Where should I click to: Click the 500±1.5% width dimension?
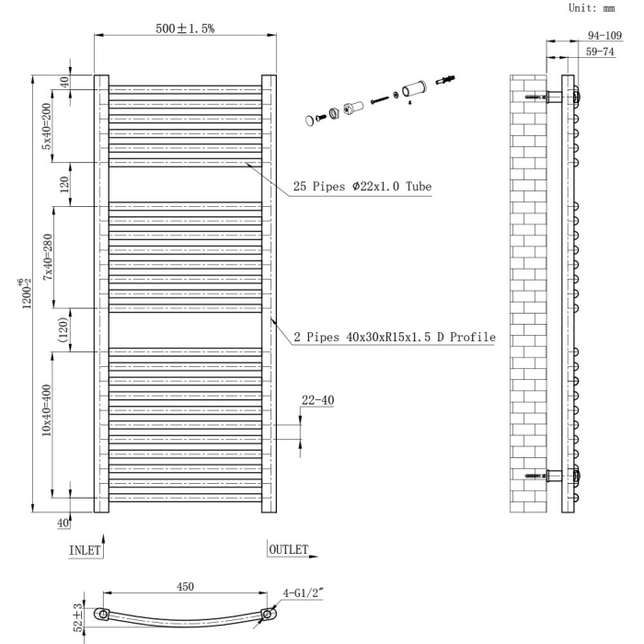pyautogui.click(x=185, y=29)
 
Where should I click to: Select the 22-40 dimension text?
pyautogui.click(x=316, y=400)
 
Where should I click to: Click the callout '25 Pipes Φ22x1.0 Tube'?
pyautogui.click(x=362, y=186)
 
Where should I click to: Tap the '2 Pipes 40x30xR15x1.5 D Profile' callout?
pyautogui.click(x=395, y=338)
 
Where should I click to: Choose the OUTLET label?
pyautogui.click(x=289, y=549)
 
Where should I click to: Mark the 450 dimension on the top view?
pyautogui.click(x=185, y=587)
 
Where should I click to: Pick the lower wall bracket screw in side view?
pyautogui.click(x=537, y=476)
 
